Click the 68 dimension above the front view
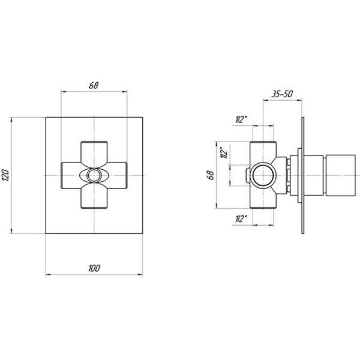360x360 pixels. pos(94,85)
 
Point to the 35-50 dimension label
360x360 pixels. pos(281,94)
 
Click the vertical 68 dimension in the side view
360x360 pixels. pos(210,175)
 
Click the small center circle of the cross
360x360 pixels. pos(94,175)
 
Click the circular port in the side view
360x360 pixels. pos(263,175)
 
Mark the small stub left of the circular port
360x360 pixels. pos(247,175)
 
